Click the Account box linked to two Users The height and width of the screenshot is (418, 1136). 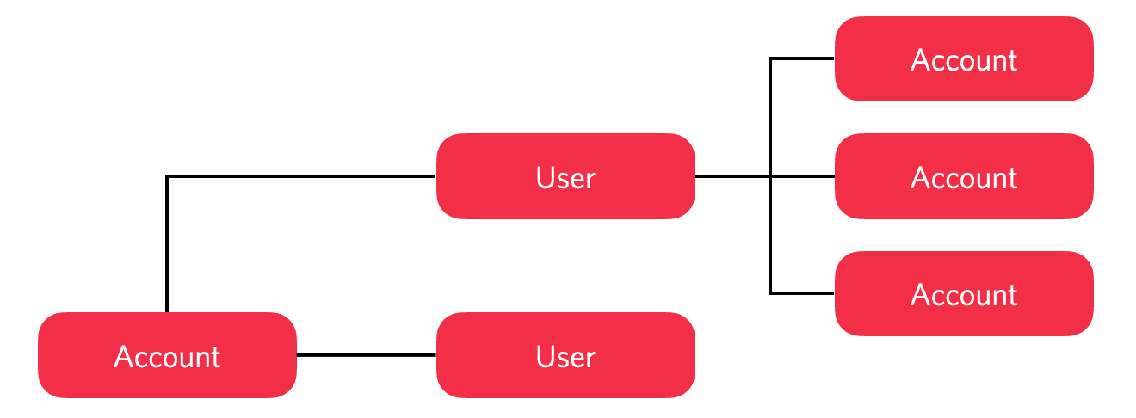click(167, 355)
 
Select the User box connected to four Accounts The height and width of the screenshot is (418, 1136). click(565, 176)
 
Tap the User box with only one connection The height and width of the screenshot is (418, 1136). click(565, 355)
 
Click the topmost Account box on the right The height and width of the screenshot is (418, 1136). click(964, 58)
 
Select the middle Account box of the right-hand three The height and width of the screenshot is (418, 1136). click(964, 176)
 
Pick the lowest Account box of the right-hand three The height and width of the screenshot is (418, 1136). click(964, 294)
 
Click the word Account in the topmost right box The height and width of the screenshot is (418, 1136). click(964, 60)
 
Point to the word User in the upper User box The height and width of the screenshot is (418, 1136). click(565, 178)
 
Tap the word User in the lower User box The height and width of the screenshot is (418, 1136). click(565, 357)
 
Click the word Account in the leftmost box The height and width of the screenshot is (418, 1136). click(167, 357)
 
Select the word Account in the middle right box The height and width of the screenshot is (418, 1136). click(964, 178)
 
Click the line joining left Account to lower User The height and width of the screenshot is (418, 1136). click(367, 355)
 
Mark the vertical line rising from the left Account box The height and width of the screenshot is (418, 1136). click(167, 245)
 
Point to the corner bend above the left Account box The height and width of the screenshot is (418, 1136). click(167, 177)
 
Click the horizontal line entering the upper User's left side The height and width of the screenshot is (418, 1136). click(301, 176)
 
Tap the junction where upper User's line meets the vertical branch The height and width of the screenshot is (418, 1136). click(770, 176)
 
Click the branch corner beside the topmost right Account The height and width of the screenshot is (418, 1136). click(770, 58)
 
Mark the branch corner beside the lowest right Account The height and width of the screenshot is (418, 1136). click(770, 293)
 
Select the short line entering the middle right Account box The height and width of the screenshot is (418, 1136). click(805, 176)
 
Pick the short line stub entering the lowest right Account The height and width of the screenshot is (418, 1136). click(803, 293)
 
